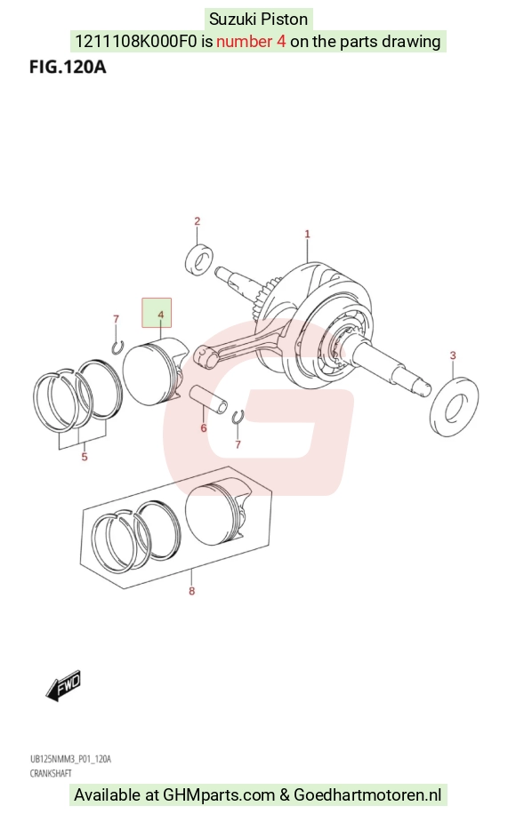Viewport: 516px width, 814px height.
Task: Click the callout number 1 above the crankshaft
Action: click(307, 234)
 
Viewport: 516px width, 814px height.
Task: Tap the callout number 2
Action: click(197, 221)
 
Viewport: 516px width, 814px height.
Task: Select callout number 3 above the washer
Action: click(453, 355)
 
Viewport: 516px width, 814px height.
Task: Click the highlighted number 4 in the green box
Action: click(160, 315)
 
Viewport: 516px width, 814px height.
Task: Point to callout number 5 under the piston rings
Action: click(85, 457)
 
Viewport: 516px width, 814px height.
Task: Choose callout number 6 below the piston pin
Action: click(204, 427)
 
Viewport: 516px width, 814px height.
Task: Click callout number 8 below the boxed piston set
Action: click(192, 591)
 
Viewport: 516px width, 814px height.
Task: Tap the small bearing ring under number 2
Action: click(199, 259)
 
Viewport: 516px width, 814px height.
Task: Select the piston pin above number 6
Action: click(208, 399)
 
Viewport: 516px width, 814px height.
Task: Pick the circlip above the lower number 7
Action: click(238, 417)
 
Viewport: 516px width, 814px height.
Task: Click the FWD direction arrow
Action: click(63, 685)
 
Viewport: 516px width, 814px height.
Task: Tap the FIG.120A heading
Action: click(68, 67)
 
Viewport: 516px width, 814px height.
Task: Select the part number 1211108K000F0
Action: click(136, 42)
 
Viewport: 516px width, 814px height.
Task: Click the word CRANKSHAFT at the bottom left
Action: click(51, 773)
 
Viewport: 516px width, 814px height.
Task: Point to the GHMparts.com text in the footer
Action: click(219, 794)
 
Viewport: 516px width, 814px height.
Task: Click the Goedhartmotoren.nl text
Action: click(368, 794)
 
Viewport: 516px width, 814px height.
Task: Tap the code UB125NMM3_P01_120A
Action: click(70, 760)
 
